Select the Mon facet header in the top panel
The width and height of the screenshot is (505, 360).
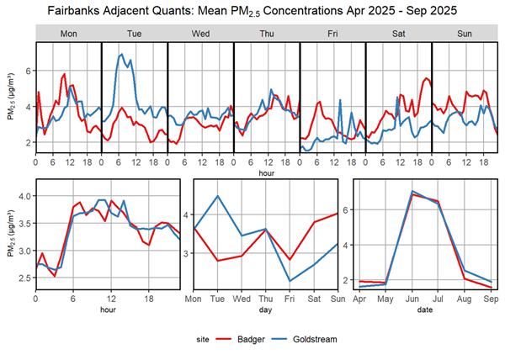tap(67, 34)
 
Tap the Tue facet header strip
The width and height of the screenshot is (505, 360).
tap(134, 34)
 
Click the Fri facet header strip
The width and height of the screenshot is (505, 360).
tap(332, 34)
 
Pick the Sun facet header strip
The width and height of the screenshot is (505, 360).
tap(464, 34)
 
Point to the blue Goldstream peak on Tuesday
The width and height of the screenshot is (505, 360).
tap(122, 55)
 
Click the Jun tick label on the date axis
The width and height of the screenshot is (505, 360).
tap(412, 297)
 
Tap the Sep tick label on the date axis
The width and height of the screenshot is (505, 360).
tap(491, 297)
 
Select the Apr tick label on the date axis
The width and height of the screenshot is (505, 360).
tap(359, 297)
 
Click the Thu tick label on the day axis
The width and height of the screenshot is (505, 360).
tap(266, 297)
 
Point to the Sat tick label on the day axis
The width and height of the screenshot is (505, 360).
tap(315, 297)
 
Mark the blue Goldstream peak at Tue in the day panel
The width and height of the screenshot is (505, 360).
tap(218, 196)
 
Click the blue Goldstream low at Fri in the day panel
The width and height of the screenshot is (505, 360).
tap(290, 281)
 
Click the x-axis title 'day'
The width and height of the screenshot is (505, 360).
tap(266, 309)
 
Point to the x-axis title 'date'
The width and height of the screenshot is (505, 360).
tap(425, 309)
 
